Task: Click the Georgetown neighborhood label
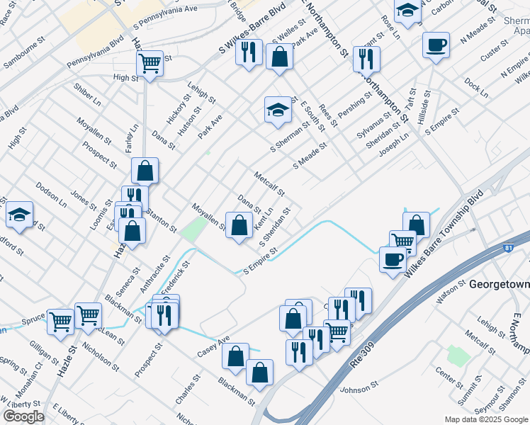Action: click(498, 284)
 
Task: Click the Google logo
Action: click(23, 416)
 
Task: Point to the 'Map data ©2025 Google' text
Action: click(487, 419)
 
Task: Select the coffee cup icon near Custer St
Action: click(436, 46)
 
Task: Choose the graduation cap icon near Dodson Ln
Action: click(20, 214)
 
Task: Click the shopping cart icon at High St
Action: click(150, 64)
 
